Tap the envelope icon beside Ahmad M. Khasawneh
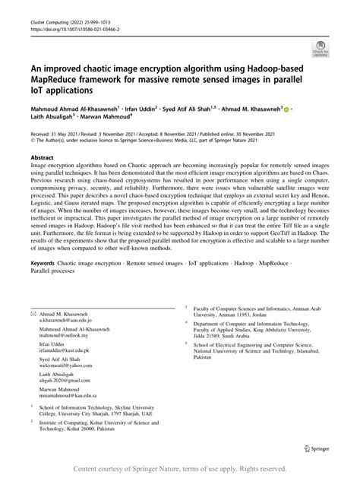tap(33, 336)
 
